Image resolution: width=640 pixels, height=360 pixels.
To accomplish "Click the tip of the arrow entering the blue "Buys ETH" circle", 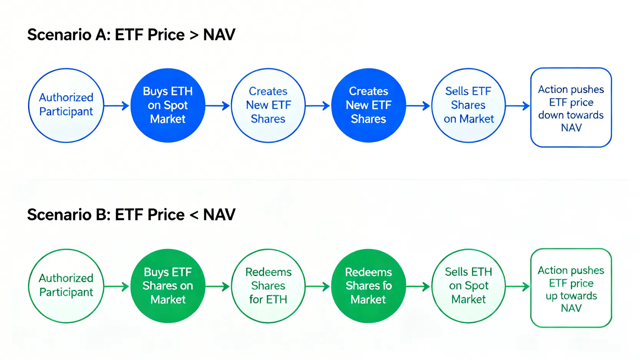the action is point(129,106).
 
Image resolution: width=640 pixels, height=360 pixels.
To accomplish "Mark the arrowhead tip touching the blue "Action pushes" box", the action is point(530,106).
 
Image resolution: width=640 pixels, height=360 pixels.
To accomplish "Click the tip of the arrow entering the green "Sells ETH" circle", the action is point(431,286).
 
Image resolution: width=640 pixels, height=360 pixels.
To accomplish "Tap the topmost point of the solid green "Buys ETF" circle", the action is point(168,249).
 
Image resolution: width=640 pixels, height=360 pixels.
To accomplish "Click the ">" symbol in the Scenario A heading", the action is point(194,35).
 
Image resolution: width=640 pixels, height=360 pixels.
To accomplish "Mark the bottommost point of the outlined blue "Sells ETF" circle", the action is point(468,143).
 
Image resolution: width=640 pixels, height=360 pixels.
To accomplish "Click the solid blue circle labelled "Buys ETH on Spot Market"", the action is point(168,105).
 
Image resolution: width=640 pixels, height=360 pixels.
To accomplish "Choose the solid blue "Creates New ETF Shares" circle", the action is point(368,105).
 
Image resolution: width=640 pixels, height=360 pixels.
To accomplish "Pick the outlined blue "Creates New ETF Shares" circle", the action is point(268,105).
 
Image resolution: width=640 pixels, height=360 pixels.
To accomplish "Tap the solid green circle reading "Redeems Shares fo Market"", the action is point(368,286).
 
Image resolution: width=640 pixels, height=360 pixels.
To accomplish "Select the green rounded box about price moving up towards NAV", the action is point(571,288).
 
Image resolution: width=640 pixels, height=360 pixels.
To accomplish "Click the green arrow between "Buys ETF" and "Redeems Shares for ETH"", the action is point(217,286).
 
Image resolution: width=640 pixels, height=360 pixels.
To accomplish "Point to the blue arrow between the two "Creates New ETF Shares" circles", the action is point(318,106).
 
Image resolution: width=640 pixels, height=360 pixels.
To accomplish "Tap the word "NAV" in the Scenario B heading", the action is point(219,215).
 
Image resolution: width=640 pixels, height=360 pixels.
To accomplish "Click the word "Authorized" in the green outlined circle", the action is point(66,278).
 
